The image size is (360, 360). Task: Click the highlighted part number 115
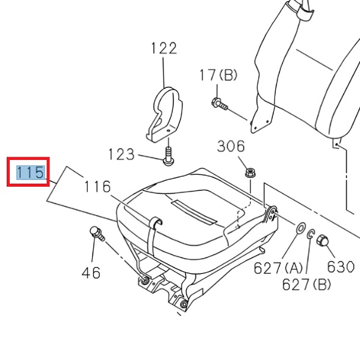pyautogui.click(x=31, y=173)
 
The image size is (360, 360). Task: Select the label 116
pyautogui.click(x=98, y=187)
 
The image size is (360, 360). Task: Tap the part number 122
pyautogui.click(x=164, y=48)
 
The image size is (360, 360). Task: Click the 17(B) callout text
pyautogui.click(x=218, y=75)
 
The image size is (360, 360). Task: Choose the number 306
pyautogui.click(x=231, y=146)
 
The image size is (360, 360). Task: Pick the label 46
pyautogui.click(x=91, y=273)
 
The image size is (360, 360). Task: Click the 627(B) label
pyautogui.click(x=306, y=284)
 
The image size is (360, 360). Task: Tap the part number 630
pyautogui.click(x=340, y=267)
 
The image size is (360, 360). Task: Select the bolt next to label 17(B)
pyautogui.click(x=220, y=104)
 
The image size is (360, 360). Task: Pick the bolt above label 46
pyautogui.click(x=96, y=232)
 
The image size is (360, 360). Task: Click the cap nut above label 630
pyautogui.click(x=324, y=242)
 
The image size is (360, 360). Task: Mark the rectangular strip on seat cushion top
pyautogui.click(x=193, y=209)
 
